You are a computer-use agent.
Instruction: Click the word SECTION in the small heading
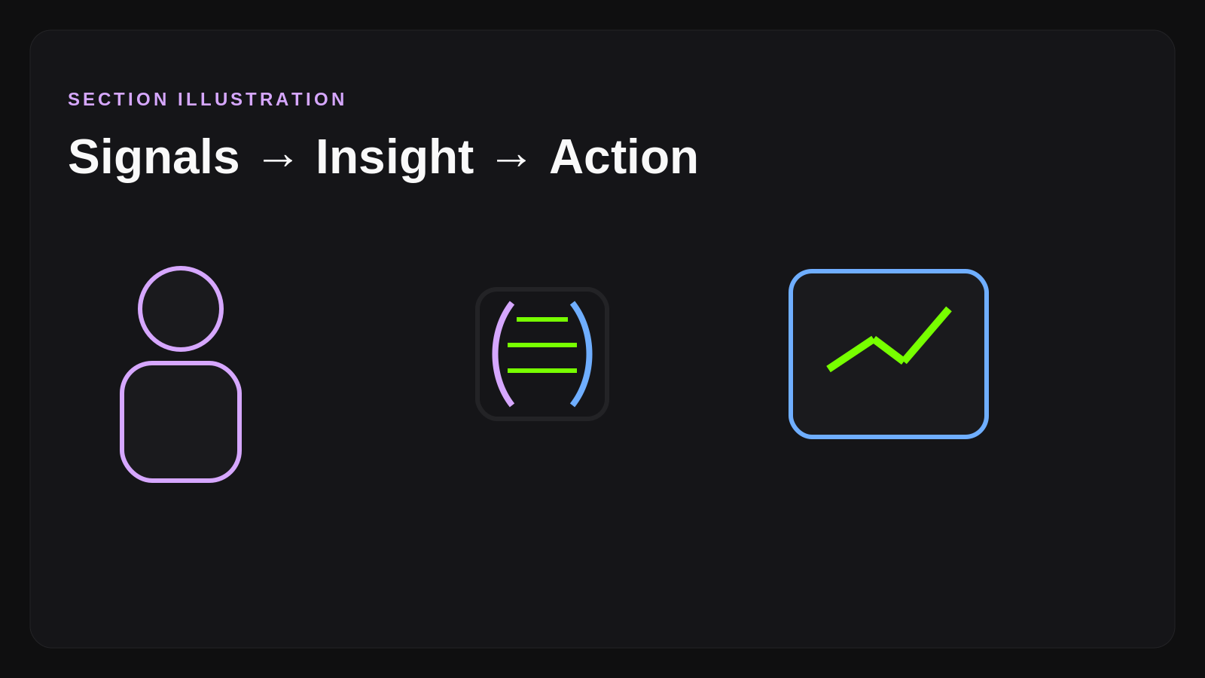pyautogui.click(x=118, y=99)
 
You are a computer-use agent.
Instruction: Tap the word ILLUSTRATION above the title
pyautogui.click(x=261, y=99)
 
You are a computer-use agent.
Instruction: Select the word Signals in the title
pyautogui.click(x=154, y=157)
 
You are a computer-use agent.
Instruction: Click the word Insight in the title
pyautogui.click(x=395, y=157)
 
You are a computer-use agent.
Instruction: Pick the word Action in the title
pyautogui.click(x=624, y=157)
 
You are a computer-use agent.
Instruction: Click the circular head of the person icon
pyautogui.click(x=181, y=309)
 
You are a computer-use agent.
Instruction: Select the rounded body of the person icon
pyautogui.click(x=181, y=422)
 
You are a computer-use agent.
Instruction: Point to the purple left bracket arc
pyautogui.click(x=496, y=354)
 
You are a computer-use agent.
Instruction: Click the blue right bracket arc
pyautogui.click(x=588, y=354)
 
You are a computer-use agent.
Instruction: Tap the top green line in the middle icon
pyautogui.click(x=542, y=319)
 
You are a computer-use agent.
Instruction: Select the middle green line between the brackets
pyautogui.click(x=542, y=345)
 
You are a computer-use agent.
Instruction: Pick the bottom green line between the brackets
pyautogui.click(x=542, y=371)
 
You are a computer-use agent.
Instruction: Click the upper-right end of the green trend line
pyautogui.click(x=947, y=310)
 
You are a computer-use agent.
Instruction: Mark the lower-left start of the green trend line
pyautogui.click(x=830, y=368)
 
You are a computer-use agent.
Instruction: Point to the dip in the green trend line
pyautogui.click(x=903, y=361)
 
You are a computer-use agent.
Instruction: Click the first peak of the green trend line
pyautogui.click(x=873, y=340)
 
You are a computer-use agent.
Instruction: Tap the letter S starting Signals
pyautogui.click(x=84, y=157)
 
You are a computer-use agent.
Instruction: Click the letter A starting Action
pyautogui.click(x=569, y=157)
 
